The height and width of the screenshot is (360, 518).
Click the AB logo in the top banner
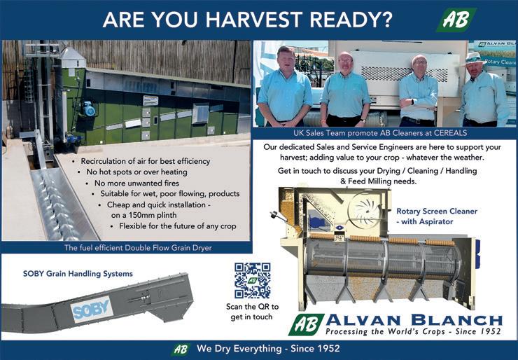pos(456,20)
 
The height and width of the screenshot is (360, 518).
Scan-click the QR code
pos(253,280)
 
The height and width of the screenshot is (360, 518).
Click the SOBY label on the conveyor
pos(91,310)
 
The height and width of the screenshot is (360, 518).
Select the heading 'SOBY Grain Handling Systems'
pos(78,274)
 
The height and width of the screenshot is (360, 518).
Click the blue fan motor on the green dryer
pos(88,109)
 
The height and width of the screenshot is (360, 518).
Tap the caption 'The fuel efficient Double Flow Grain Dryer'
pos(138,248)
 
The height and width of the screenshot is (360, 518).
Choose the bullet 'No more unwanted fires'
pos(136,183)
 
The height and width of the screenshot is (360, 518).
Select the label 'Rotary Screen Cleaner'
pos(437,211)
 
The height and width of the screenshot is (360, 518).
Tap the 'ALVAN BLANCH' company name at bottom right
pos(414,320)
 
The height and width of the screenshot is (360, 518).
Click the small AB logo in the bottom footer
pos(181,349)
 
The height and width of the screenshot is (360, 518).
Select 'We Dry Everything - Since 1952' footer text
pos(268,348)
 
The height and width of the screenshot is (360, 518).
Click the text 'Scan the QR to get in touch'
pos(252,312)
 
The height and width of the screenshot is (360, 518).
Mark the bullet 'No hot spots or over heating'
pos(136,172)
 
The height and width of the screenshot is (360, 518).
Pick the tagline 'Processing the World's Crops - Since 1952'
pos(413,331)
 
